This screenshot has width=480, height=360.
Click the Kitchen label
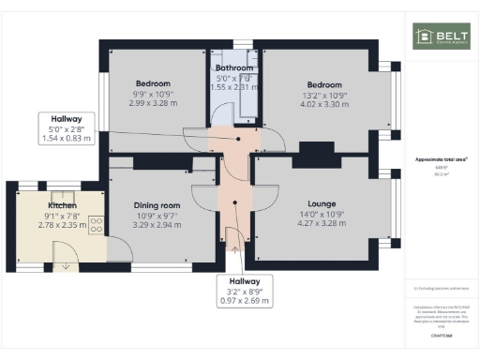[x=62, y=204]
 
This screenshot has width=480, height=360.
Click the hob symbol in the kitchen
[x=95, y=224]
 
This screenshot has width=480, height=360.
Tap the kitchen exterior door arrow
[x=66, y=265]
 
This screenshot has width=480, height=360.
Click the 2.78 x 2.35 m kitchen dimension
[x=62, y=224]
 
